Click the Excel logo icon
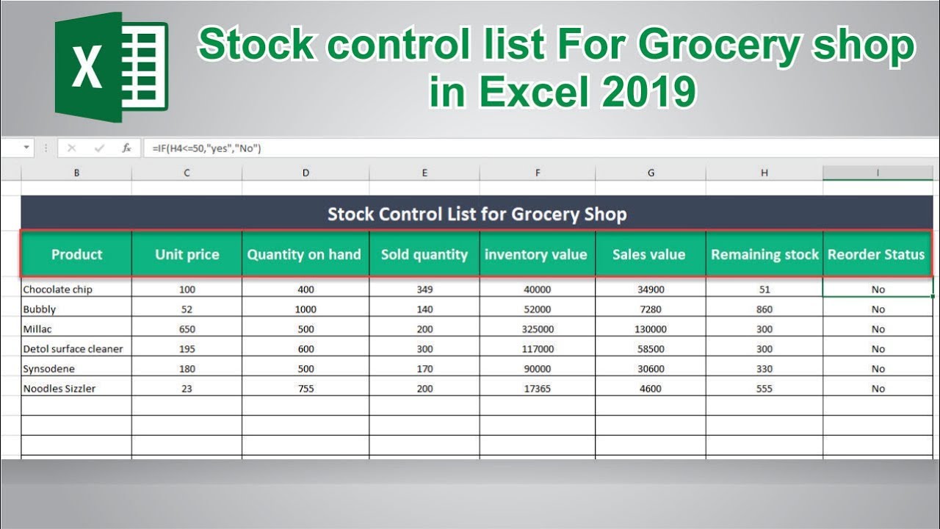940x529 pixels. click(x=112, y=67)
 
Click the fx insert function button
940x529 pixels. click(x=126, y=148)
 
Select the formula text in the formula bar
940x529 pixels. click(x=206, y=148)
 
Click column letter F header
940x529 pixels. click(x=537, y=173)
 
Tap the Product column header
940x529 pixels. click(x=76, y=254)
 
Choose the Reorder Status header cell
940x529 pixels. click(x=876, y=254)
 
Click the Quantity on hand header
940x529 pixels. click(x=305, y=254)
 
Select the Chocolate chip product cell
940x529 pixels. click(x=57, y=289)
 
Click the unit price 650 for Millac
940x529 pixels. click(x=187, y=328)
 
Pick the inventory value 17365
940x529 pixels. click(x=537, y=389)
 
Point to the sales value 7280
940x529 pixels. click(x=651, y=309)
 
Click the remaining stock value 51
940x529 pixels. click(x=764, y=289)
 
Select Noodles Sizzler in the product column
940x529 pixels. click(x=59, y=389)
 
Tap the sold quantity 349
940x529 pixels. click(x=424, y=289)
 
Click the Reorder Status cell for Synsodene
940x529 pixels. click(x=878, y=369)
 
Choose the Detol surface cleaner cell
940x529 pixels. click(x=73, y=348)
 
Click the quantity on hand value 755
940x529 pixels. click(x=305, y=389)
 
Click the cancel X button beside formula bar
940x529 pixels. click(x=72, y=148)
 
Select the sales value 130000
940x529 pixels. click(x=651, y=328)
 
